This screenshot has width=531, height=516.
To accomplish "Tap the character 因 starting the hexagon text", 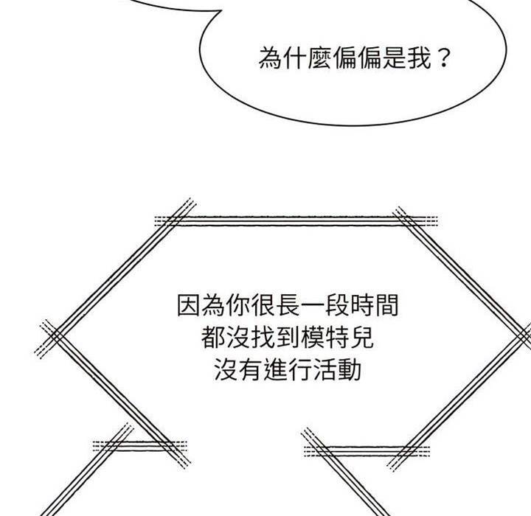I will [190, 306].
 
